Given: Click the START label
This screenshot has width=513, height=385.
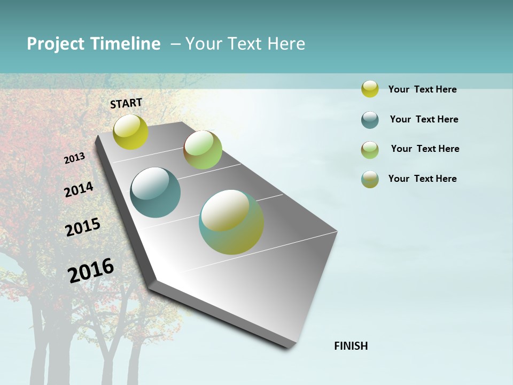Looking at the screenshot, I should click(x=126, y=103).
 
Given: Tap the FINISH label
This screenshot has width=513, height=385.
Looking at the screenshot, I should click(x=351, y=346).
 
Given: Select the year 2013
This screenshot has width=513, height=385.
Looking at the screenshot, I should click(x=74, y=158).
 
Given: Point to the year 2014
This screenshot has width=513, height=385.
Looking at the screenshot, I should click(x=79, y=189).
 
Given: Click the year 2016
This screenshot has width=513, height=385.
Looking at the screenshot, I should click(x=91, y=270).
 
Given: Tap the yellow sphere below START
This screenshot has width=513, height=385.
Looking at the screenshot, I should click(x=130, y=132).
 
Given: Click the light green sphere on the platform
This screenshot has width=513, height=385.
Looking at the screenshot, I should click(x=203, y=150).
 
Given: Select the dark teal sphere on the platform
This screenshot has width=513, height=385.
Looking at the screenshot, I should click(x=155, y=192).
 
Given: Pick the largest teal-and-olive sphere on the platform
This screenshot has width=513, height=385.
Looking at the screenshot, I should click(x=231, y=222).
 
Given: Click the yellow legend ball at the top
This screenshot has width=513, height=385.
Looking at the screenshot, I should click(x=370, y=89).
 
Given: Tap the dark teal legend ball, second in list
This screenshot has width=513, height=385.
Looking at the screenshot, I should click(x=370, y=120).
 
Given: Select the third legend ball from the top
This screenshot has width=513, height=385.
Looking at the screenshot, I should click(x=370, y=150).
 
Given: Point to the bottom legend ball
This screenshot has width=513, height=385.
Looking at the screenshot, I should click(x=370, y=179).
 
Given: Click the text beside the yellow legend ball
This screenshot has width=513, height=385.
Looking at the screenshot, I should click(x=422, y=89).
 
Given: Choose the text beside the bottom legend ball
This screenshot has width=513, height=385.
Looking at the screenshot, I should click(x=422, y=179).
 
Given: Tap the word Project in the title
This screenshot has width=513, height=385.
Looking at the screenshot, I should click(x=56, y=44).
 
